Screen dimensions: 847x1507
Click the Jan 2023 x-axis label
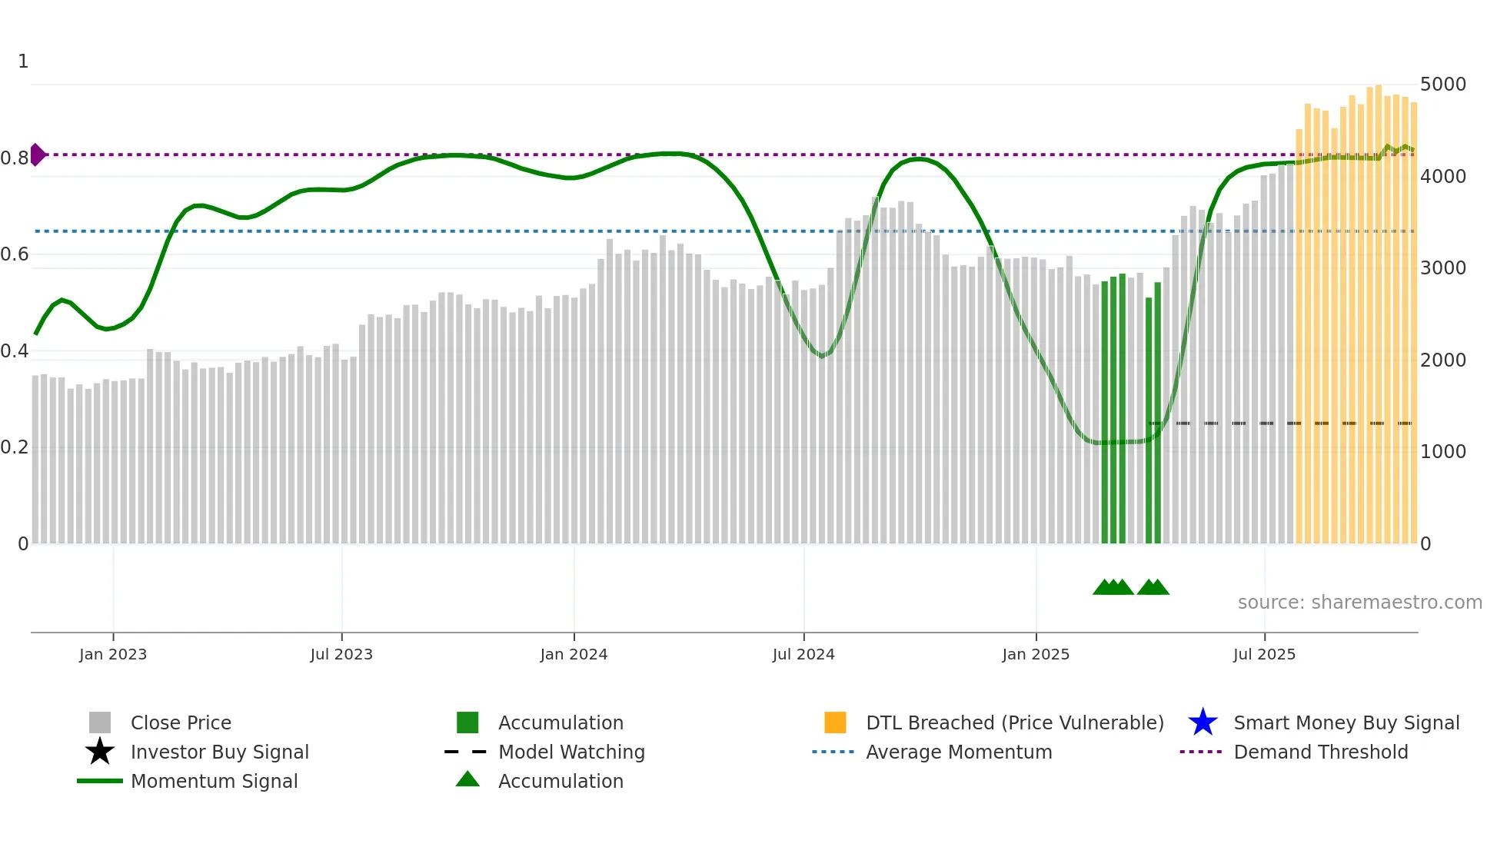tap(113, 654)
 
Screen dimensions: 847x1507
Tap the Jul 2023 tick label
tap(341, 654)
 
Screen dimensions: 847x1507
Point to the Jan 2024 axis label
tap(574, 654)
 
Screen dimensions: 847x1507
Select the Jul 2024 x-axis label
tap(803, 654)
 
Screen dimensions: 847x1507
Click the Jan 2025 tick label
tap(1036, 654)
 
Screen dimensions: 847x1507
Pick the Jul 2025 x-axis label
tap(1264, 654)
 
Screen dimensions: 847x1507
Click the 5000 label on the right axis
tap(1443, 85)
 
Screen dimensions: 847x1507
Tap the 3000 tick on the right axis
tap(1443, 268)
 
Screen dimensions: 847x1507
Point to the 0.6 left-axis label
tap(15, 254)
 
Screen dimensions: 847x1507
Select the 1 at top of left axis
tap(23, 61)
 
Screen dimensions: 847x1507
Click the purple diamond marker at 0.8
tap(38, 154)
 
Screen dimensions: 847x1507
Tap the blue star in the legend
tap(1203, 722)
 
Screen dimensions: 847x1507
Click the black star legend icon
tap(100, 752)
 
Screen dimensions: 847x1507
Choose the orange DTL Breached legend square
tap(835, 722)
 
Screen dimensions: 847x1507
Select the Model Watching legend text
tap(571, 752)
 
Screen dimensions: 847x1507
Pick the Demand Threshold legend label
tap(1321, 752)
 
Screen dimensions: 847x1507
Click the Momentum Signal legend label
tap(214, 781)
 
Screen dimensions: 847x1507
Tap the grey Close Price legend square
tap(100, 722)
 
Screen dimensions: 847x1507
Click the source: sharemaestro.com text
tap(1359, 603)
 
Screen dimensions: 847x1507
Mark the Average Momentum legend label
tap(959, 752)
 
